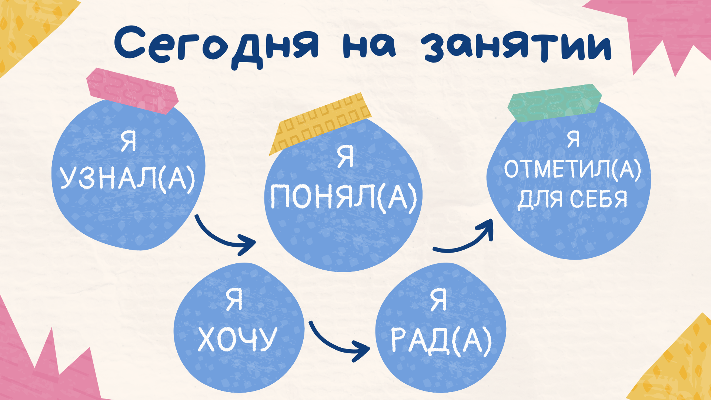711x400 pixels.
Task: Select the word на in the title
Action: pyautogui.click(x=369, y=46)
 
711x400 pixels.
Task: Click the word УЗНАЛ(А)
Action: pyautogui.click(x=127, y=178)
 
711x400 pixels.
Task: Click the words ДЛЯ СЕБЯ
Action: pyautogui.click(x=572, y=199)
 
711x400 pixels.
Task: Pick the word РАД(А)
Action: pyautogui.click(x=441, y=340)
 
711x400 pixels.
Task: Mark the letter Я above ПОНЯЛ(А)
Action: pyautogui.click(x=346, y=156)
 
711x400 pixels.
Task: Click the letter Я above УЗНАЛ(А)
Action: pyautogui.click(x=128, y=141)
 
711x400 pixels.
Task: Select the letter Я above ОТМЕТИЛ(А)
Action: pyautogui.click(x=573, y=139)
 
